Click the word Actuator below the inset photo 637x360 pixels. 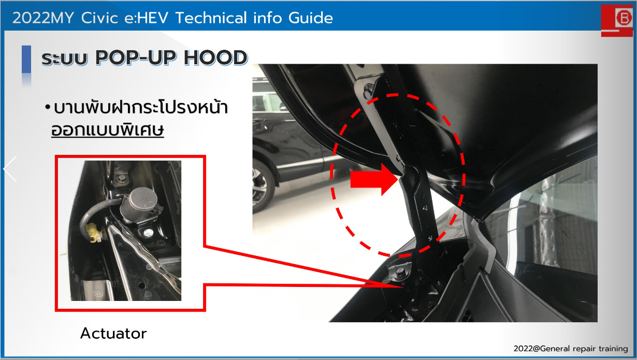[113, 333]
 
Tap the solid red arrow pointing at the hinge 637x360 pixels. [374, 179]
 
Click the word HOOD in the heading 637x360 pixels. [216, 57]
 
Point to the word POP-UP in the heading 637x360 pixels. [136, 57]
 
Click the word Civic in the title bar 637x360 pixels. [99, 18]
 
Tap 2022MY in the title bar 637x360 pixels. [43, 18]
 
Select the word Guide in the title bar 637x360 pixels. [311, 18]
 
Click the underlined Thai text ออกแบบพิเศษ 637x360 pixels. [108, 130]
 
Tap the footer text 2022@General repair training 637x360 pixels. [571, 349]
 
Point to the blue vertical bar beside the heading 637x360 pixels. [26, 59]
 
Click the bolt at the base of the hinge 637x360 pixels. [399, 272]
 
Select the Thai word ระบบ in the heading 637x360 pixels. [64, 59]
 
